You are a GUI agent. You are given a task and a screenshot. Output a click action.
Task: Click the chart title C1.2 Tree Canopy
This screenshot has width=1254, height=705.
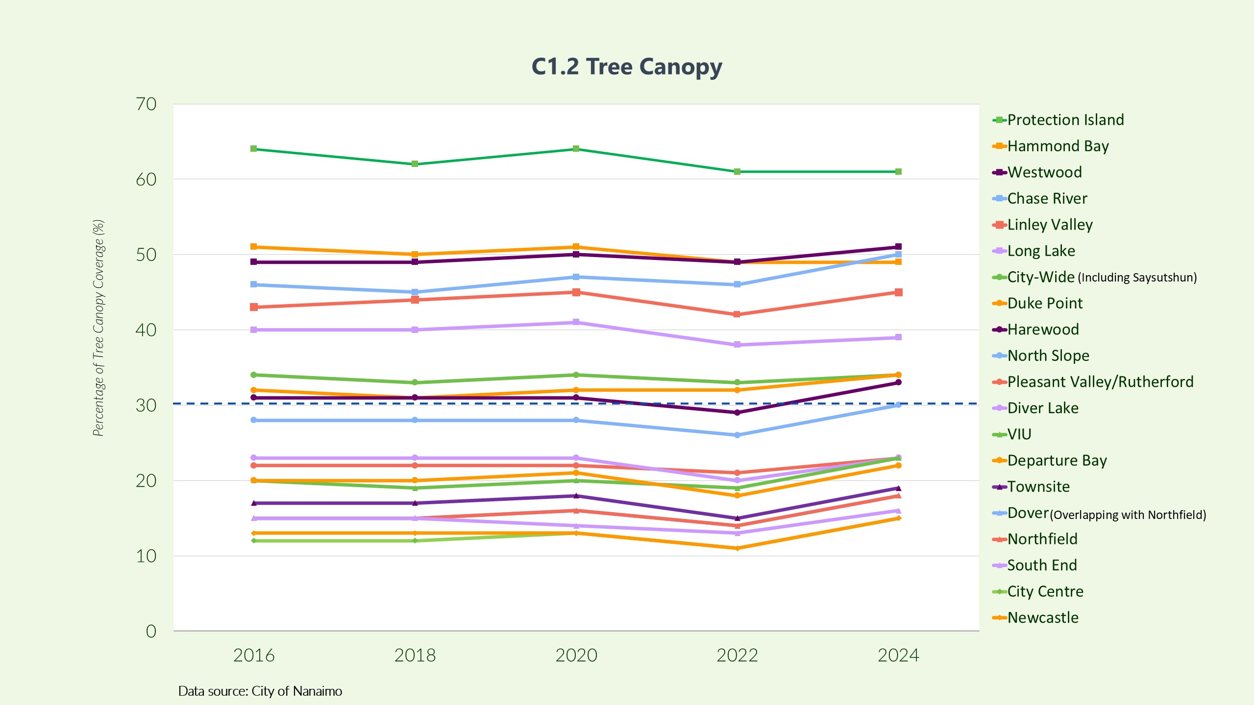tap(627, 67)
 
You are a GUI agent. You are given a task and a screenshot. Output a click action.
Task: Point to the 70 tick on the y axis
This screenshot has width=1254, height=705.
tap(146, 104)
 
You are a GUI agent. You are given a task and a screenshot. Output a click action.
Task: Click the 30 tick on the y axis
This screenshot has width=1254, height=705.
tap(146, 405)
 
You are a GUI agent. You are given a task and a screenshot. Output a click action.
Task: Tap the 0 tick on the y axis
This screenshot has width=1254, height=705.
tap(151, 632)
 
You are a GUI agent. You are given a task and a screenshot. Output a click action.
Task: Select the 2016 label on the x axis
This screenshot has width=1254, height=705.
tap(254, 656)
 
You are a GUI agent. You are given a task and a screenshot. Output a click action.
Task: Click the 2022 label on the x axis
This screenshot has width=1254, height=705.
tap(737, 656)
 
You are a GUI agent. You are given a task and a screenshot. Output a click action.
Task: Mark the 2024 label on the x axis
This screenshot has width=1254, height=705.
tap(898, 656)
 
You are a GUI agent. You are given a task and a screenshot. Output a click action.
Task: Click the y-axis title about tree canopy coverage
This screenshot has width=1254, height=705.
tap(98, 328)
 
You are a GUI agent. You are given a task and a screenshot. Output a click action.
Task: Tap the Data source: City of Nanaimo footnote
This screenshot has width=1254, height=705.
tap(260, 691)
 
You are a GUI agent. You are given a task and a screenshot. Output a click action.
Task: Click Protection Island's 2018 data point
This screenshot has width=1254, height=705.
tap(415, 164)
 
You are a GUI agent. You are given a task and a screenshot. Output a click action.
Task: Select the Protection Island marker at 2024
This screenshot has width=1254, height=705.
tap(898, 172)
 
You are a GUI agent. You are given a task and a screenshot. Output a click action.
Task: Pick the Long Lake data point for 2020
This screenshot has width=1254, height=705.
tap(576, 322)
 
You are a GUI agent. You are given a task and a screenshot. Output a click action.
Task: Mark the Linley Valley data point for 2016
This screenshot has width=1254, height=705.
tap(254, 307)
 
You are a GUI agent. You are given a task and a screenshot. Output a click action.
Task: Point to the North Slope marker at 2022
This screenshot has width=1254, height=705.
tap(737, 435)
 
